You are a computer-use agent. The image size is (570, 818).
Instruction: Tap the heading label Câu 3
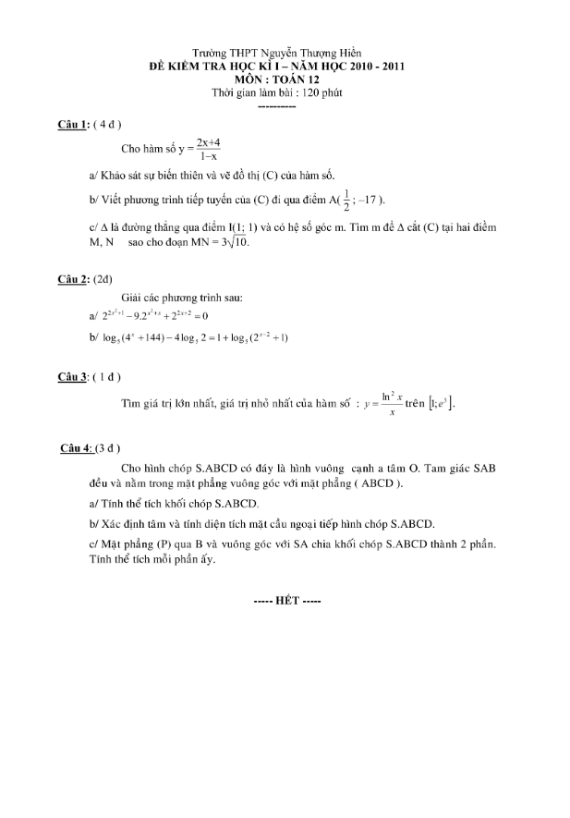pyautogui.click(x=73, y=376)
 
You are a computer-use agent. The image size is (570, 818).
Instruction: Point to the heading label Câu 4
pyautogui.click(x=75, y=448)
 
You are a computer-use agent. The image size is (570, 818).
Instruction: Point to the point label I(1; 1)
pyautogui.click(x=283, y=227)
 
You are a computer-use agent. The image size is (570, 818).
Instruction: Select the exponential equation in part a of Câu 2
pyautogui.click(x=155, y=316)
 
